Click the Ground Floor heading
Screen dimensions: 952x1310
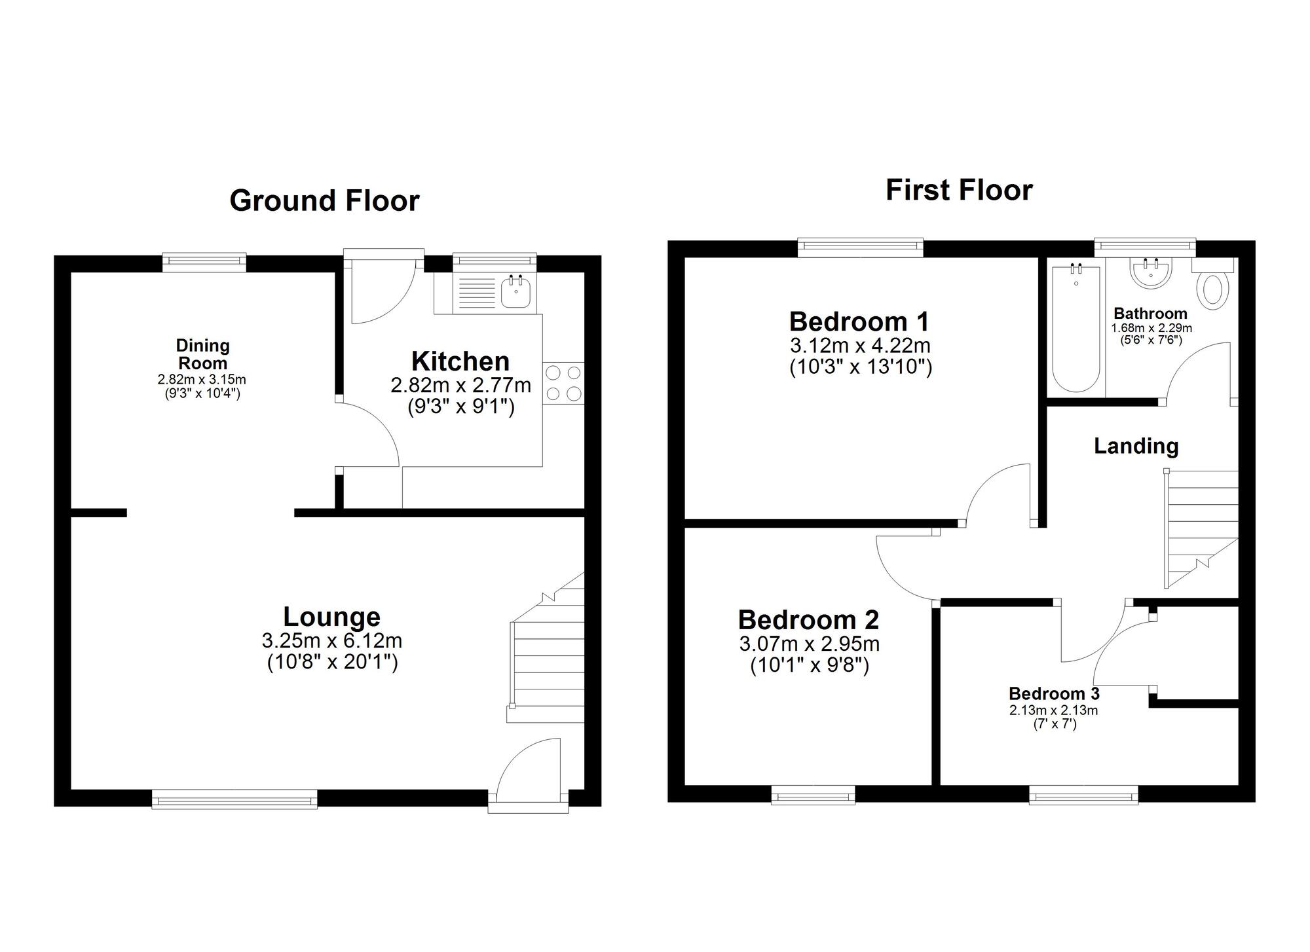tap(324, 200)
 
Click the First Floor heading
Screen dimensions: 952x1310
tap(959, 190)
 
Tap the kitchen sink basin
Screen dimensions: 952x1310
tap(517, 291)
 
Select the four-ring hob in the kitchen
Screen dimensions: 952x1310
tap(563, 383)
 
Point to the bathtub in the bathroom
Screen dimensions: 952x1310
tap(1076, 331)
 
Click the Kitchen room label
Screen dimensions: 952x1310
tap(460, 361)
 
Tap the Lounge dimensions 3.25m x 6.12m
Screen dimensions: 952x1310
tap(331, 640)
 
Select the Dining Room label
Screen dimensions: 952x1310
tap(203, 354)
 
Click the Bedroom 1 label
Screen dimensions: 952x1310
tap(859, 321)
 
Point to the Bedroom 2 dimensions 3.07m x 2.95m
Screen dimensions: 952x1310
tap(809, 644)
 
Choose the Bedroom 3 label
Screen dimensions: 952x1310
tap(1053, 693)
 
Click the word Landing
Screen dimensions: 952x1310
tap(1136, 446)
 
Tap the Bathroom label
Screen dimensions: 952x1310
tap(1150, 313)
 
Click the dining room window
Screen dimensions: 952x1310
tap(204, 263)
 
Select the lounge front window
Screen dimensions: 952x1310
tap(234, 799)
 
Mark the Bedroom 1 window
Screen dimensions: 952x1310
tap(860, 247)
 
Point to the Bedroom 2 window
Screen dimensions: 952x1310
tap(813, 795)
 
